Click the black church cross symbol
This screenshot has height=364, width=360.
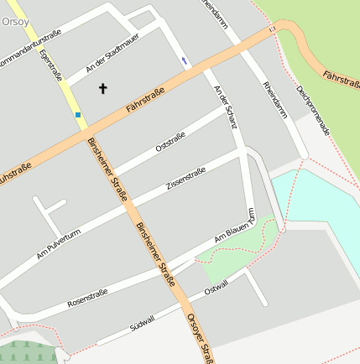104,87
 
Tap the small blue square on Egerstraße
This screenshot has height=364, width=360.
78,114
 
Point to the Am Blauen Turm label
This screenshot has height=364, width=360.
234,231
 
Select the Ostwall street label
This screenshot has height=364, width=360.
216,289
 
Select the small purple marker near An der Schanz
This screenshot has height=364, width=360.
185,60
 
